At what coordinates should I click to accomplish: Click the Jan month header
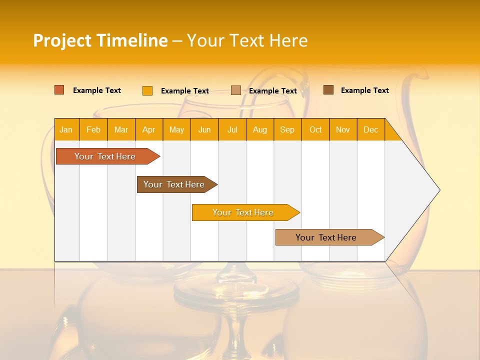click(x=66, y=129)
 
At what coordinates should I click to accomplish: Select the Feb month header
click(x=93, y=129)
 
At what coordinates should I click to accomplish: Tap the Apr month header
click(x=149, y=129)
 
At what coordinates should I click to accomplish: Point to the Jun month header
click(x=204, y=129)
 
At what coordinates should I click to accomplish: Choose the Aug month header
click(x=260, y=129)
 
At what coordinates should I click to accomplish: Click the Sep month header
click(x=287, y=129)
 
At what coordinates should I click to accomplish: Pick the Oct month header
click(x=315, y=129)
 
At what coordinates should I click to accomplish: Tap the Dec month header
click(x=371, y=129)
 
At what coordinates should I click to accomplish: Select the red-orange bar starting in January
click(x=105, y=156)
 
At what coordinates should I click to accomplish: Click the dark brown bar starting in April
click(x=174, y=184)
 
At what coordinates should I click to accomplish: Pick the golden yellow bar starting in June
click(x=243, y=212)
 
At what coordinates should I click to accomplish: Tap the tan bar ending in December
click(x=326, y=237)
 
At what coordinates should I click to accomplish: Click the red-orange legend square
click(x=59, y=90)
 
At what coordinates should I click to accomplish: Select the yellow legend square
click(x=147, y=90)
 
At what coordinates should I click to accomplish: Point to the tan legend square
click(x=236, y=90)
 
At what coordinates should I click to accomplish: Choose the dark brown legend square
click(x=328, y=90)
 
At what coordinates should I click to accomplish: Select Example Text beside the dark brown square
click(x=364, y=90)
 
